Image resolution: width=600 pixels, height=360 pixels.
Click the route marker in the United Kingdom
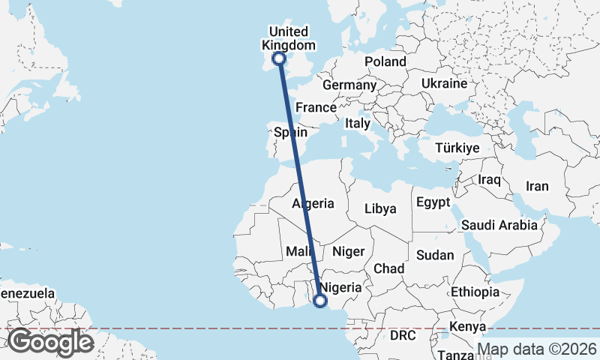pyautogui.click(x=279, y=58)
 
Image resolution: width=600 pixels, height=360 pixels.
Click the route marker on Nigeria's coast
pyautogui.click(x=320, y=301)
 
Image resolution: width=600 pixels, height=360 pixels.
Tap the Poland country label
pyautogui.click(x=385, y=61)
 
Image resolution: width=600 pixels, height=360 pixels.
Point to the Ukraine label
pyautogui.click(x=445, y=83)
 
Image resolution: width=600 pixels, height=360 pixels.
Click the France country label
pyautogui.click(x=316, y=107)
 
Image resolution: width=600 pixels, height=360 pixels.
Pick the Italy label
pyautogui.click(x=358, y=123)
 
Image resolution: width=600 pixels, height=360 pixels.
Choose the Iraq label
pyautogui.click(x=488, y=180)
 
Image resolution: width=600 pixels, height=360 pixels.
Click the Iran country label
pyautogui.click(x=537, y=186)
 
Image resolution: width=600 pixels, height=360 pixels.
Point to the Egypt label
pyautogui.click(x=433, y=202)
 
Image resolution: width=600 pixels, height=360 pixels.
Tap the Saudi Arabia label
pyautogui.click(x=499, y=224)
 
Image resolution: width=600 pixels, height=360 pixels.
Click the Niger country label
pyautogui.click(x=347, y=251)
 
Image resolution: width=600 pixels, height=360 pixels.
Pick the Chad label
pyautogui.click(x=389, y=268)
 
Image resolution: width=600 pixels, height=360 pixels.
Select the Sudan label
pyautogui.click(x=435, y=255)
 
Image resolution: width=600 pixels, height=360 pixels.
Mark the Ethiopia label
pyautogui.click(x=475, y=291)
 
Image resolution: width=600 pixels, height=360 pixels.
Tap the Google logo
pyautogui.click(x=50, y=342)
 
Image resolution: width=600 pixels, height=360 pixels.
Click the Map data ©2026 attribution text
pyautogui.click(x=536, y=349)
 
